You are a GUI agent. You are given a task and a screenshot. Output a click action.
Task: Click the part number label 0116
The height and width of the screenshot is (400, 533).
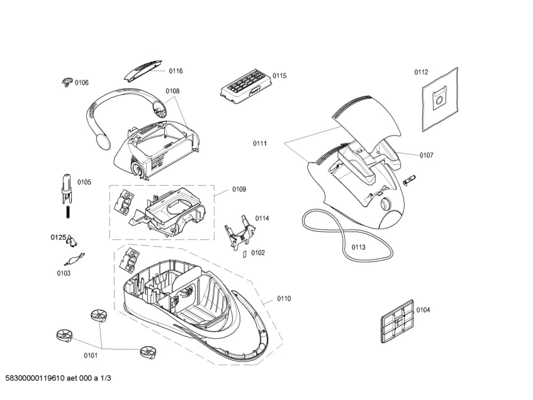(175, 71)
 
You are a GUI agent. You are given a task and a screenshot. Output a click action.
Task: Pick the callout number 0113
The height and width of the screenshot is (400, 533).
(358, 247)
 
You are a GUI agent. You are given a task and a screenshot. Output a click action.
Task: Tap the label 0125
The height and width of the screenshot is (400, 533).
(58, 237)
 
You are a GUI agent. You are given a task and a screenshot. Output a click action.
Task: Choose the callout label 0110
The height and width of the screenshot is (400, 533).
(283, 298)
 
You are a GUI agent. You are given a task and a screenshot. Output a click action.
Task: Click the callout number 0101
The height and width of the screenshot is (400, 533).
(91, 355)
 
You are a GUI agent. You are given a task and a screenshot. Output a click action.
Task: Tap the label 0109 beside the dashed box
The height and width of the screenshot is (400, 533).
(239, 189)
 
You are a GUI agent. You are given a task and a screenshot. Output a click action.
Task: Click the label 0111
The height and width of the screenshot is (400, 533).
(260, 144)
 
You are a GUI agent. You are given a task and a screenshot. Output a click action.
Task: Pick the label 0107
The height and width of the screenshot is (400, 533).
(426, 154)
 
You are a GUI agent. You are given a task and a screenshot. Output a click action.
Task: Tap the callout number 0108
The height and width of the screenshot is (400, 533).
(172, 91)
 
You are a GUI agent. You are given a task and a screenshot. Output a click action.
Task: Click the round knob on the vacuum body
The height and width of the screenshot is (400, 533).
(385, 204)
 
